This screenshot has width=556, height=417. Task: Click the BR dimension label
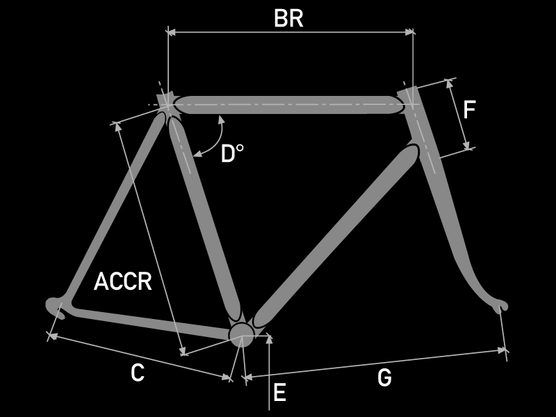coord(288,19)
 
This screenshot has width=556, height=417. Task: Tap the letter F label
coord(470,111)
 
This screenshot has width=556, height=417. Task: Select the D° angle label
coord(233,154)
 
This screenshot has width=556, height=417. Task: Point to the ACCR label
coord(123,282)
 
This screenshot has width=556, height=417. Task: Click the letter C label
coord(138,373)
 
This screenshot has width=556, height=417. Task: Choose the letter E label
coord(279,393)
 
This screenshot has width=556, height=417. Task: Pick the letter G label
coord(384,378)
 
